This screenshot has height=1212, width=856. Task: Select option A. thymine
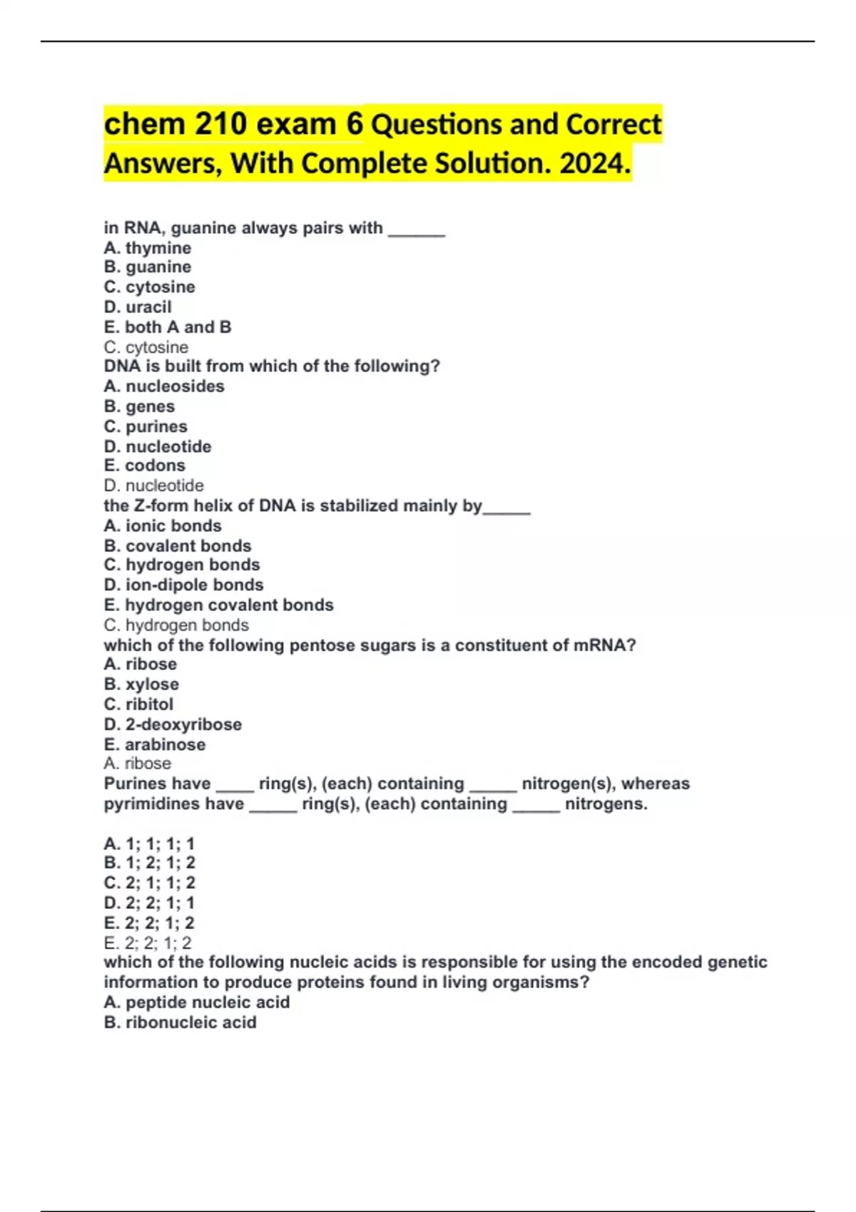[x=148, y=248]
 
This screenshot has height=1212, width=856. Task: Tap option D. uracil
[x=138, y=307]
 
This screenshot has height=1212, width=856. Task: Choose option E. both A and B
[x=168, y=327]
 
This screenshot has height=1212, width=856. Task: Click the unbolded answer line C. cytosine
[x=146, y=347]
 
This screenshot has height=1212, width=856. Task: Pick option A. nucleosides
[x=164, y=386]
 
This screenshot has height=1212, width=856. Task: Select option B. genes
[x=139, y=406]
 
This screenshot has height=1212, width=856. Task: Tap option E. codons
[x=145, y=466]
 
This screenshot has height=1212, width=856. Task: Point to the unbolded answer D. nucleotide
[x=154, y=486]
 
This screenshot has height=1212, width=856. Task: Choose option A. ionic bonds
[x=163, y=526]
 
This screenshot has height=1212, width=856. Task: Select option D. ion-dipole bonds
[x=184, y=585]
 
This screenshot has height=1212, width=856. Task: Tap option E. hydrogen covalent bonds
[x=219, y=605]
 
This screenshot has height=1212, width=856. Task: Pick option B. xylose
[x=141, y=684]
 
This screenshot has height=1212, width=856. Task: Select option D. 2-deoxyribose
[x=173, y=724]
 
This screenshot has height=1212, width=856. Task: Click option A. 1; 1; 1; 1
[x=149, y=844]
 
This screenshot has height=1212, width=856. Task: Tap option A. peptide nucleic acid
[x=197, y=1002]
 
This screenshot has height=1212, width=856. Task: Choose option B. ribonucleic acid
[x=180, y=1022]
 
